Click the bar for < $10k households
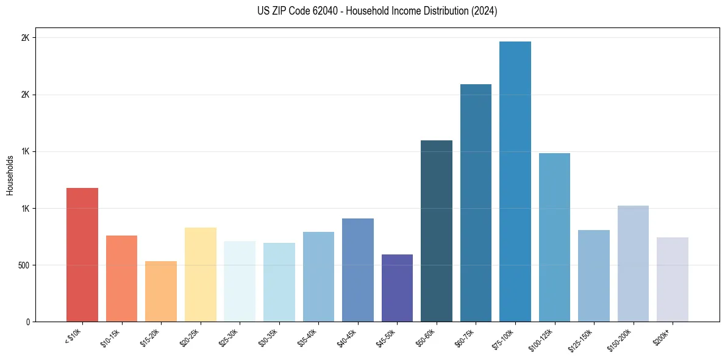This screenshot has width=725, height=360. coord(82,254)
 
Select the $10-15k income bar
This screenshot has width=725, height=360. coord(121,278)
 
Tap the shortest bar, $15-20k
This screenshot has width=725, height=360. coord(161,291)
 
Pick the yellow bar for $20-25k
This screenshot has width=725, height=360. coord(200,275)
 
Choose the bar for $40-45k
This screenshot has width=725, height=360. coord(357,270)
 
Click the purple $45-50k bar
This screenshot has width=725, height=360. coord(397,288)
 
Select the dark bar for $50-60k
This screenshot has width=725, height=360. coord(436,231)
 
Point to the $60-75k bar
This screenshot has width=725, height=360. coord(476,203)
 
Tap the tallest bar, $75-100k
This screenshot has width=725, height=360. coord(515,181)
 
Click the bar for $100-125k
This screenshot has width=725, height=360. coord(554,237)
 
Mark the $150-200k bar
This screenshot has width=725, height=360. coord(633,264)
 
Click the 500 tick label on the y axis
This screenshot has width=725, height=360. coord(23,265)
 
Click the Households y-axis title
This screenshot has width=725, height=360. coord(10,175)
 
